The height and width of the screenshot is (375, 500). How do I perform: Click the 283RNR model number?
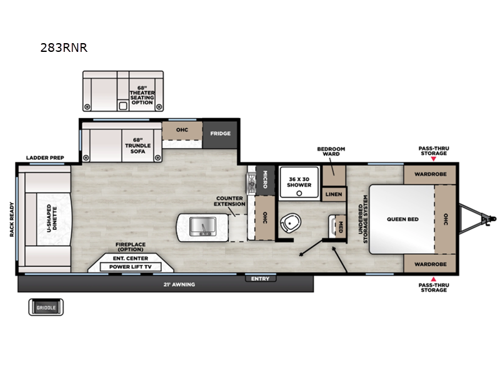[64, 47]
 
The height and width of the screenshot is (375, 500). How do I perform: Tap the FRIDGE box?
[220, 134]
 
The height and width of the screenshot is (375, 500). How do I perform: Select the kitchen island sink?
[202, 226]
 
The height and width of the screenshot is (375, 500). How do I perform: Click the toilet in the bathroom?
[290, 222]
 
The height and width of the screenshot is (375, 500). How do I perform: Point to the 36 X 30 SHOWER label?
[299, 182]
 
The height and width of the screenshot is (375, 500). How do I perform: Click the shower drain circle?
[299, 193]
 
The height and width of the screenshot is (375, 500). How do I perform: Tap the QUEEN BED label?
[402, 219]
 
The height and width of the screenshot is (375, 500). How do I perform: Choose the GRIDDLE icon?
[46, 307]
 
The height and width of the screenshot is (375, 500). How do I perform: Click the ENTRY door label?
[260, 279]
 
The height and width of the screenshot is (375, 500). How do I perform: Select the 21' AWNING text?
[179, 284]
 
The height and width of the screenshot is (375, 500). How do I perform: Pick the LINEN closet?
[334, 194]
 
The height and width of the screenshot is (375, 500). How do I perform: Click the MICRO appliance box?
[265, 179]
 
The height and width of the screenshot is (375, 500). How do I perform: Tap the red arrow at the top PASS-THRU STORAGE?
[433, 159]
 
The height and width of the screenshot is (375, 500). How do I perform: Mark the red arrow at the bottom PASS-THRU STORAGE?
[433, 279]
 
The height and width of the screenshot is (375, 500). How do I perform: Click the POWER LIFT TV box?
[131, 267]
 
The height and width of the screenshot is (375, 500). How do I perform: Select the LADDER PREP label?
[45, 158]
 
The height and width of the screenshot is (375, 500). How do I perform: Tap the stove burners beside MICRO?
[251, 182]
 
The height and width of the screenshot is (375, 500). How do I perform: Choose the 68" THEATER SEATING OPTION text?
[142, 95]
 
